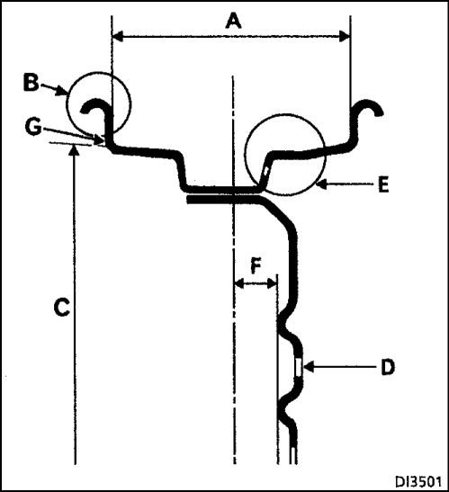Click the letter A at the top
(x=233, y=22)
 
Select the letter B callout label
(x=31, y=83)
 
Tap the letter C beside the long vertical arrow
(x=61, y=308)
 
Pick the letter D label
(x=388, y=367)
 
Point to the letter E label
(x=383, y=184)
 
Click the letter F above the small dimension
(x=256, y=266)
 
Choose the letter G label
(x=33, y=127)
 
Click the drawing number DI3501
(x=418, y=481)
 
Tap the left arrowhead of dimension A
(x=117, y=37)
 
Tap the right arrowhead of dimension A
(x=345, y=37)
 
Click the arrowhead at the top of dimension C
(x=74, y=150)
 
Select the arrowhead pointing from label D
(x=309, y=366)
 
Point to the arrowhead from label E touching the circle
(x=321, y=184)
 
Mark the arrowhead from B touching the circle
(x=62, y=92)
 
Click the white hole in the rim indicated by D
(x=299, y=366)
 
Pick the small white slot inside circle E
(x=266, y=171)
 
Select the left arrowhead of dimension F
(x=239, y=283)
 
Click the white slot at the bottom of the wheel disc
(x=293, y=455)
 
